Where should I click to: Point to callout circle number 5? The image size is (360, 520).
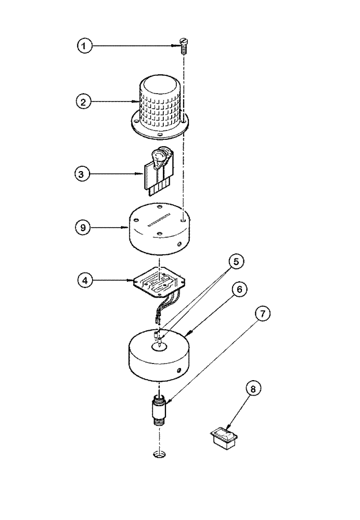(236, 262)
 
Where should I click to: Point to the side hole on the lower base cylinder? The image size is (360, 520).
(178, 370)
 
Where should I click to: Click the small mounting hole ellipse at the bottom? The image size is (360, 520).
(160, 456)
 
